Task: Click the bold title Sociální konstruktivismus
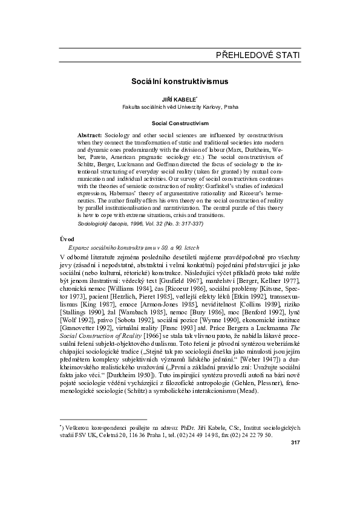pos(179,80)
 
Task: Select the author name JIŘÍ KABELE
pos(178,98)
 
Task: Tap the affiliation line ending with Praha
pos(180,106)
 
